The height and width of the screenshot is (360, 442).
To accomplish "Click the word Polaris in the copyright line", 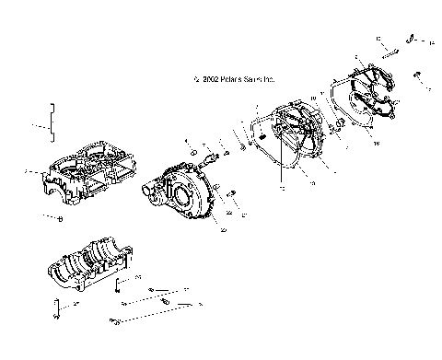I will [221, 78].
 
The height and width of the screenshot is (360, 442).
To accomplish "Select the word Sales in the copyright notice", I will [245, 78].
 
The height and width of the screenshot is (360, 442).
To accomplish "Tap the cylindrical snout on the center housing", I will [151, 189].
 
